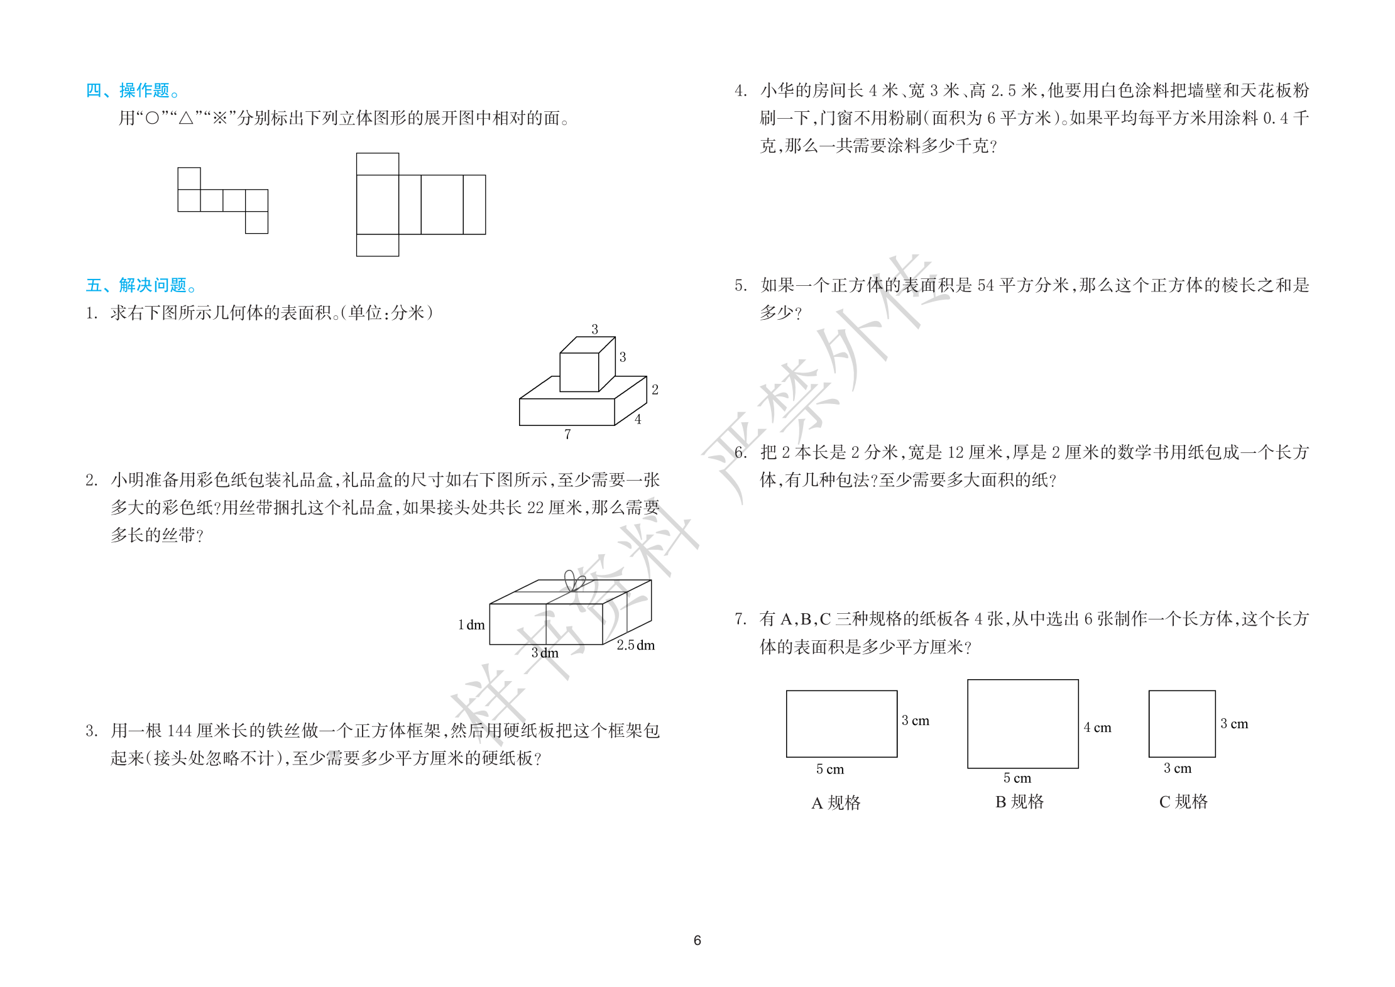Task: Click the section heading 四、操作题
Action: click(x=133, y=90)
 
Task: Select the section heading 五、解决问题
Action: click(x=141, y=285)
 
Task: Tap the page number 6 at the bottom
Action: click(x=697, y=940)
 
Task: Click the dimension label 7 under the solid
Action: click(x=567, y=434)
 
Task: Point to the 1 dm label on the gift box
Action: click(x=471, y=625)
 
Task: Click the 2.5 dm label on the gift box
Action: click(x=635, y=645)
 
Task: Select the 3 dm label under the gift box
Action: click(x=544, y=653)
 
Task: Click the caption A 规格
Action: click(x=836, y=802)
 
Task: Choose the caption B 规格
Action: click(x=1019, y=802)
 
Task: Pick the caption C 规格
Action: click(x=1183, y=802)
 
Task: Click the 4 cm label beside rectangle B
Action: click(x=1097, y=728)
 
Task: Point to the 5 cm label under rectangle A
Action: click(x=829, y=769)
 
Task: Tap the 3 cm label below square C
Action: click(x=1177, y=768)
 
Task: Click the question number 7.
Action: click(x=740, y=619)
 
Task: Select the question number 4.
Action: click(x=740, y=90)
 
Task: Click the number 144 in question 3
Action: click(x=179, y=731)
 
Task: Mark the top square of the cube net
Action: click(x=189, y=178)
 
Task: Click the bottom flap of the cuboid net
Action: click(x=377, y=245)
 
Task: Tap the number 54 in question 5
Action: click(x=985, y=285)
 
